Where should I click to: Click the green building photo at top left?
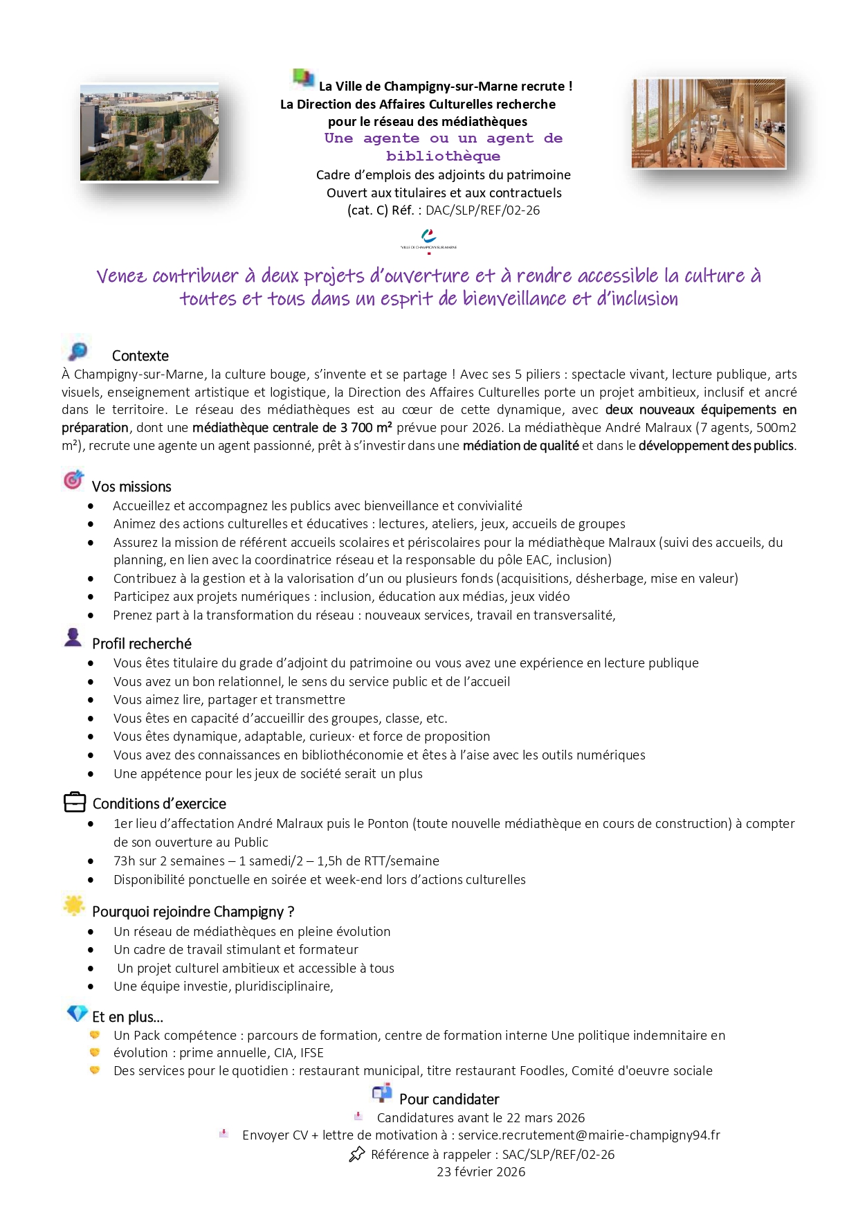(149, 133)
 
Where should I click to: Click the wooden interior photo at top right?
(709, 123)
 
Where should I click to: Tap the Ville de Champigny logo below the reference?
(429, 240)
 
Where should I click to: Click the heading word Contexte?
(140, 356)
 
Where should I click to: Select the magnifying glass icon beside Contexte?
(78, 351)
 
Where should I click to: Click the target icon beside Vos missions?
(73, 480)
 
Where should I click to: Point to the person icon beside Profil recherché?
(73, 637)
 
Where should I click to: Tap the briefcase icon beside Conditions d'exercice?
(75, 802)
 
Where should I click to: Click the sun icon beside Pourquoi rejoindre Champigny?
(73, 905)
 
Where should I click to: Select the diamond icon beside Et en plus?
(77, 1013)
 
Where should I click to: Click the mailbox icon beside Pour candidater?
(382, 1093)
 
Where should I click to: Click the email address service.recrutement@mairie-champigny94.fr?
(589, 1135)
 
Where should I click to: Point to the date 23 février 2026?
(481, 1172)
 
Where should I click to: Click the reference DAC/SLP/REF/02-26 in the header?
(482, 210)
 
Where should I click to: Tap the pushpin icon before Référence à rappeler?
(357, 1154)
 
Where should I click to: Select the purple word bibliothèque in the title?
(443, 156)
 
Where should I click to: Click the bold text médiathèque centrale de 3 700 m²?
(292, 428)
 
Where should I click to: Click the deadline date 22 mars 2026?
(546, 1118)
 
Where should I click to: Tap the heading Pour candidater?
(449, 1099)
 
